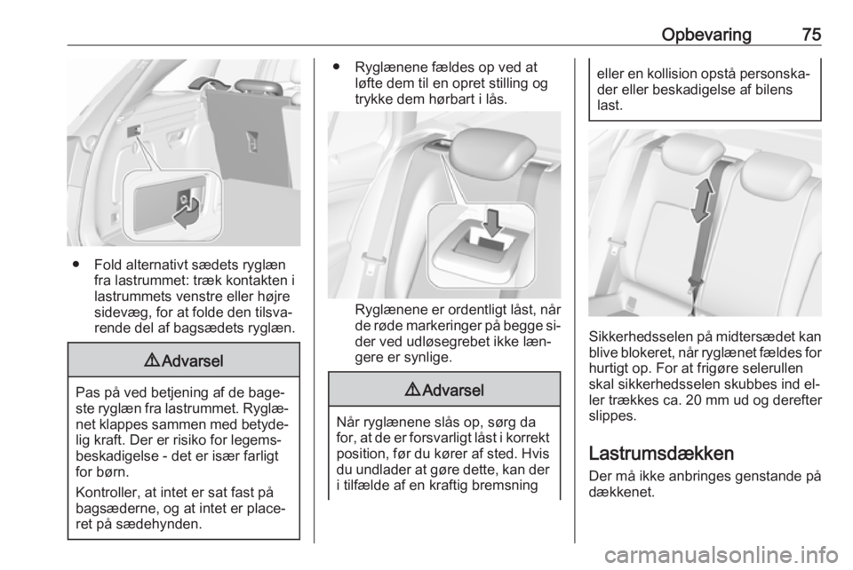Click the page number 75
tap(811, 35)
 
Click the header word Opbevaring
tap(706, 36)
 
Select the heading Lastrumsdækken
tap(661, 453)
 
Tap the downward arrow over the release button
tap(493, 223)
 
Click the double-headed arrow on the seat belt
tap(702, 201)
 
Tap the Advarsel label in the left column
tap(184, 360)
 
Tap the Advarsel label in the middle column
tap(444, 390)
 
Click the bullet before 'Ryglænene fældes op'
tap(335, 67)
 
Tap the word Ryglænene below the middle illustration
tap(387, 310)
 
